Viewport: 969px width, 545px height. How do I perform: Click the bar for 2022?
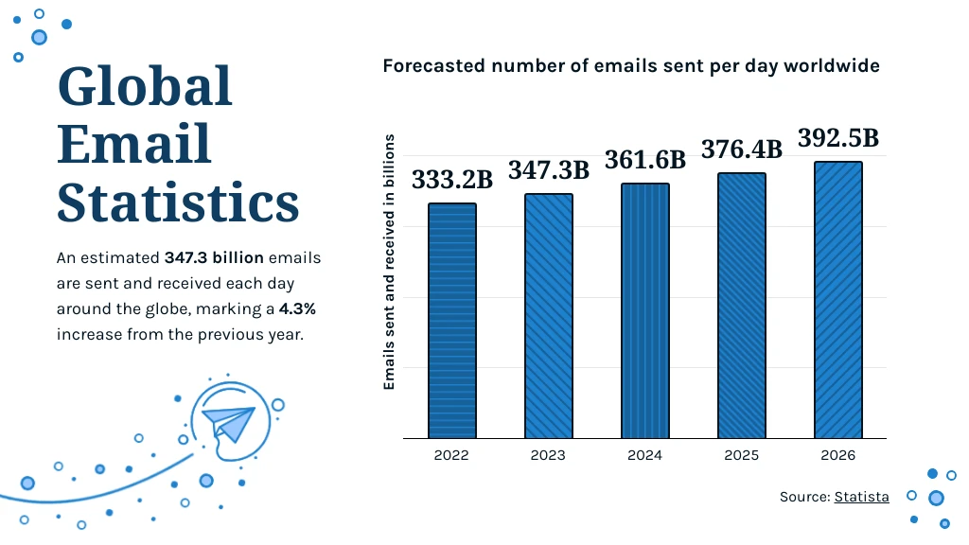coord(451,321)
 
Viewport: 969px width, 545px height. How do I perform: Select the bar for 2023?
coord(549,316)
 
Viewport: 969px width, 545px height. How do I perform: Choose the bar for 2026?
coord(838,300)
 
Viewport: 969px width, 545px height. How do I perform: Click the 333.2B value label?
coord(451,180)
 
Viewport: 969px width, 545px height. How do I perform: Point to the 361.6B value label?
coord(645,160)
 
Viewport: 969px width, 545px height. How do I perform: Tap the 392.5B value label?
coord(838,138)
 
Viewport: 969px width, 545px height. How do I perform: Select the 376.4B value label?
coord(742,149)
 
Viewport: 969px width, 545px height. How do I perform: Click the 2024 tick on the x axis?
coord(645,455)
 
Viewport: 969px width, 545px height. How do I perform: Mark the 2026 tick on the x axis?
coord(838,455)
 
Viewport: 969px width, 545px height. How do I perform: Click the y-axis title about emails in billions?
coord(389,262)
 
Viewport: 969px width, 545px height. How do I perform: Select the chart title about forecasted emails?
coord(631,66)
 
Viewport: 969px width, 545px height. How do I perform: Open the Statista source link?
coord(861,497)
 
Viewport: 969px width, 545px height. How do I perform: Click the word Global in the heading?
coord(145,87)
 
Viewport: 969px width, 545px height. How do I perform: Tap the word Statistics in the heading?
coord(178,202)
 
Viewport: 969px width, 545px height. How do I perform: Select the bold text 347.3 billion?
coord(214,257)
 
